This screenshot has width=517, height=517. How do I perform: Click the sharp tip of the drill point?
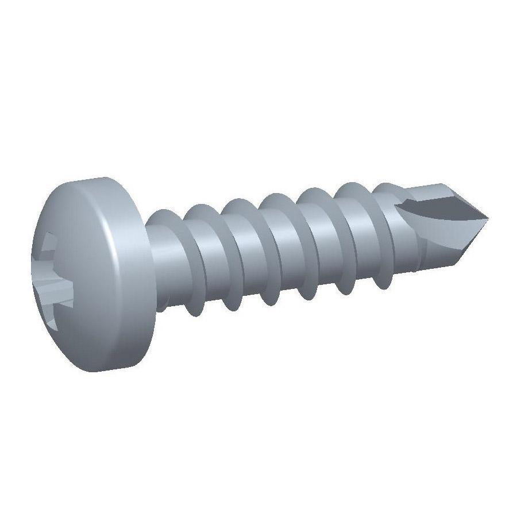point(488,218)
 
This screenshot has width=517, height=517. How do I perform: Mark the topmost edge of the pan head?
point(92,179)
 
